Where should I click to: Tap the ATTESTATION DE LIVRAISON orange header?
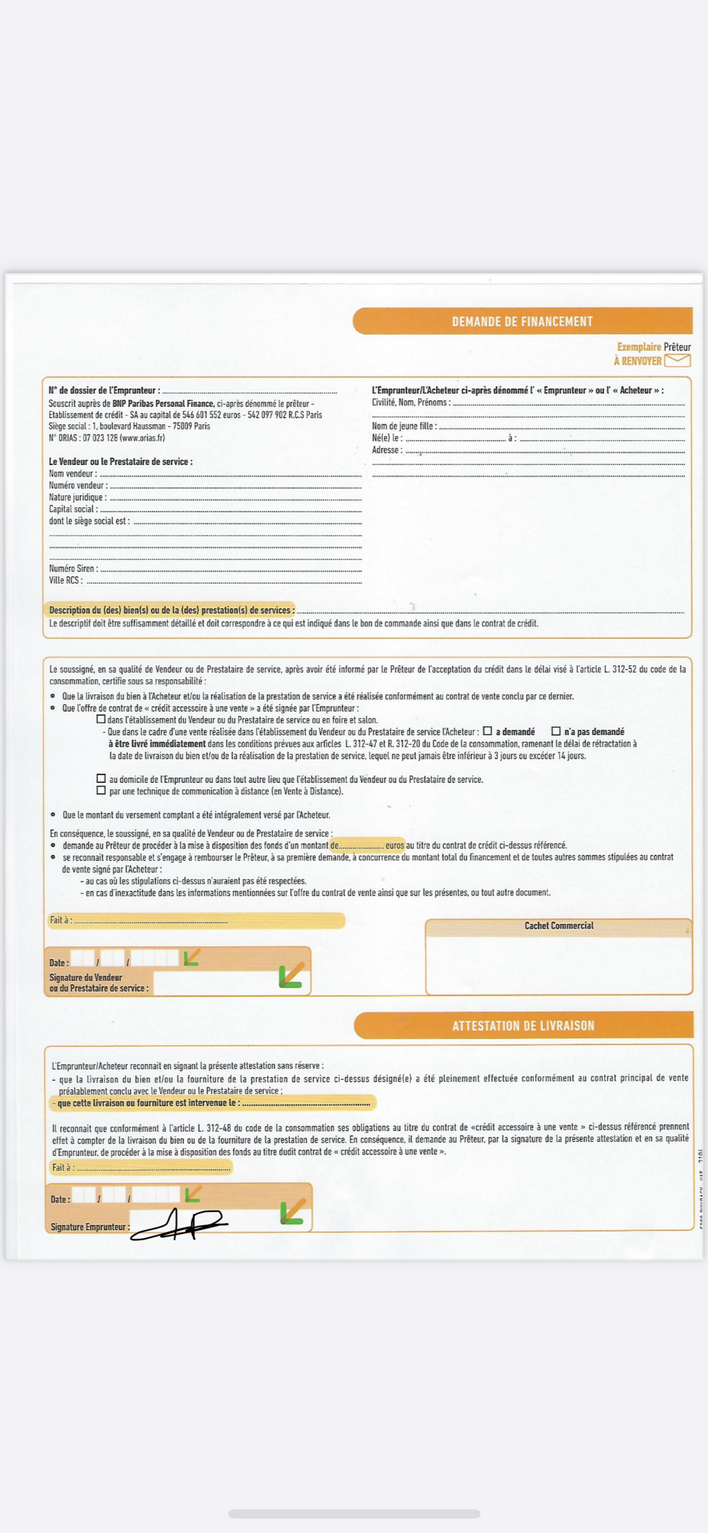click(x=523, y=1025)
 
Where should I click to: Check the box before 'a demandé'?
click(x=487, y=731)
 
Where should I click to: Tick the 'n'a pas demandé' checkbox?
click(x=556, y=731)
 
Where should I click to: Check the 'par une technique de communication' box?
click(x=101, y=790)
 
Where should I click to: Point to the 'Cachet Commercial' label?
click(x=559, y=926)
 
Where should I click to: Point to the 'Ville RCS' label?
click(x=65, y=580)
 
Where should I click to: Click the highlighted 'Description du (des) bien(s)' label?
click(x=171, y=610)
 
